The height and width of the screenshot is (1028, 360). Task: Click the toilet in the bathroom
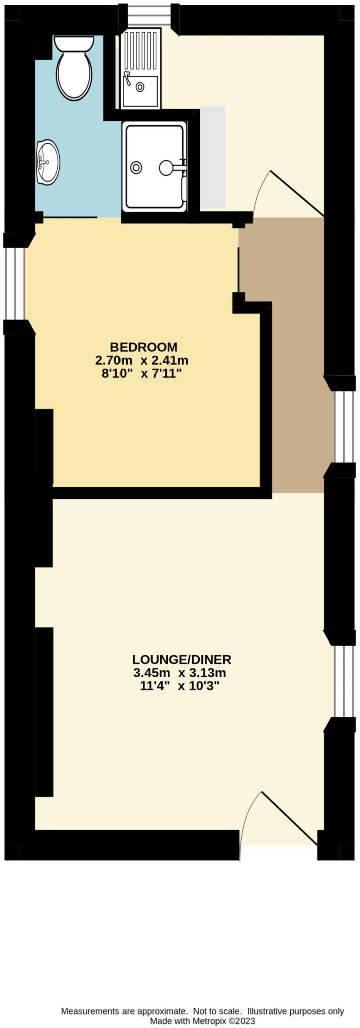point(74,68)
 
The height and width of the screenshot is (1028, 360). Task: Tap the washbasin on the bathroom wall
point(48,162)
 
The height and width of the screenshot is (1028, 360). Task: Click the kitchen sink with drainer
point(141,69)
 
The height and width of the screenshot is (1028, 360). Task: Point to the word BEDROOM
point(144,347)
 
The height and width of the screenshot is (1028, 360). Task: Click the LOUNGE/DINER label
point(181,659)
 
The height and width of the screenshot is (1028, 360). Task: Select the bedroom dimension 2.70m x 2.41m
point(142,360)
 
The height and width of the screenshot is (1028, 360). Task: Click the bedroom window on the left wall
point(18,283)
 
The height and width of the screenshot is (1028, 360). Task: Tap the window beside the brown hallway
point(344,427)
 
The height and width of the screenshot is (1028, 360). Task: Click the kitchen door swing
point(291,193)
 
